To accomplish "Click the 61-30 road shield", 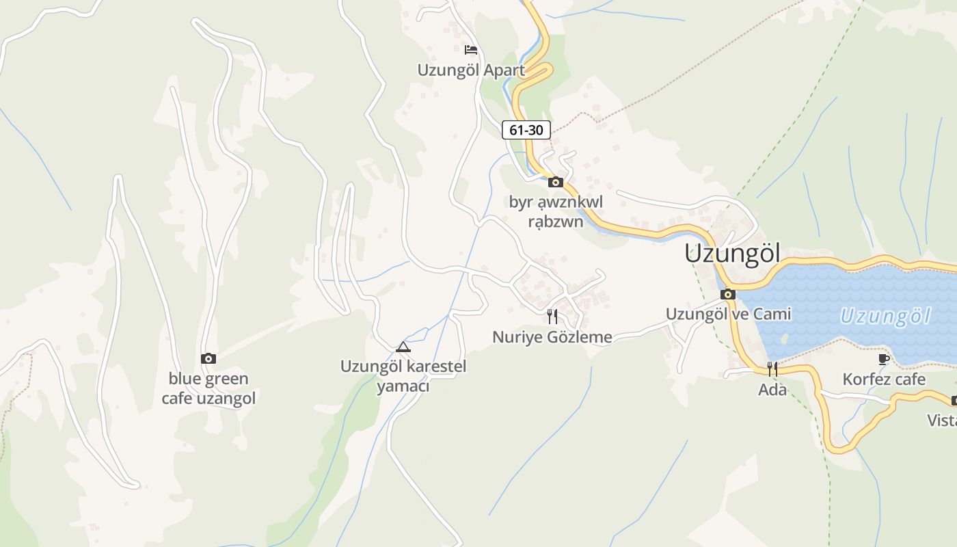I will pos(526,129).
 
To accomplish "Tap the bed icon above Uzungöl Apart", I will pos(470,50).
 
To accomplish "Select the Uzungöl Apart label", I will pos(471,70).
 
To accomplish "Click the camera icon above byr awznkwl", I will pos(556,182).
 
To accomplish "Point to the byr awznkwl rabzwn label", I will pos(556,211).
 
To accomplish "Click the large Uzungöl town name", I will pos(732,253).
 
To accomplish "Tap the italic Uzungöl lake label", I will pos(885,316).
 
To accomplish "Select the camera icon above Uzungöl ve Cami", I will pos(728,295).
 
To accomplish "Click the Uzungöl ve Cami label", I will pos(728,314).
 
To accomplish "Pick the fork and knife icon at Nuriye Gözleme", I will pos(552,317).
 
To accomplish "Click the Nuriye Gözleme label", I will pos(552,336).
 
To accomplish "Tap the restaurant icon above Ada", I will pos(772,369).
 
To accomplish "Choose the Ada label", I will pos(772,390).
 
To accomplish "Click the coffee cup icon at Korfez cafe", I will pos(884,359).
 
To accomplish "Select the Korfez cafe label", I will pos(884,379).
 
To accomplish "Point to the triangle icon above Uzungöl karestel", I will pos(403,347).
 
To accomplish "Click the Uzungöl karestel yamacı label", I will pos(403,376).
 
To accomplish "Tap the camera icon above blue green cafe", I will pos(208,358).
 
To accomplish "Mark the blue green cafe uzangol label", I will pos(208,388).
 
